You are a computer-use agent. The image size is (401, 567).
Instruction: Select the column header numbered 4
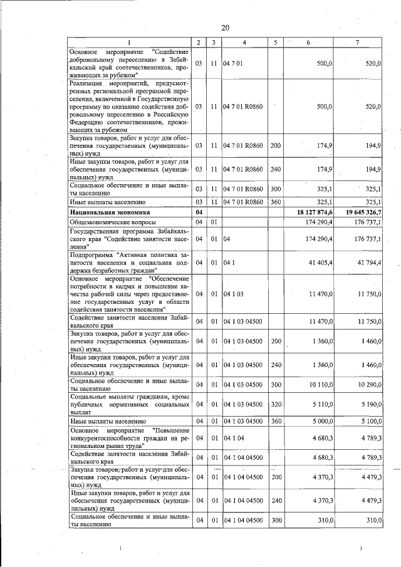pos(244,42)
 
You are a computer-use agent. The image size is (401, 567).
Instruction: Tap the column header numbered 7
pos(357,42)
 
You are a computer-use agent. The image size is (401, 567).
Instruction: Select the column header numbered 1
pos(129,42)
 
